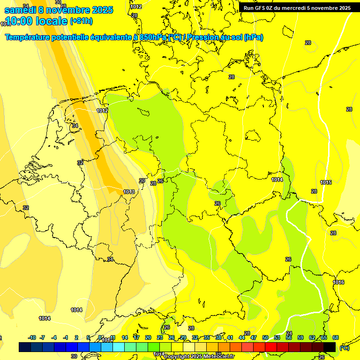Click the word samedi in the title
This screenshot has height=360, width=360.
pos(20,10)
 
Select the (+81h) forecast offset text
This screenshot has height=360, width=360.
pos(81,21)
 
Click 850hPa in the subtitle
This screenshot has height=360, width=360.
pos(153,37)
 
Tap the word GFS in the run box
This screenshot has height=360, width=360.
pos(262,8)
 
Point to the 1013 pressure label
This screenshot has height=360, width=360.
pos(129,192)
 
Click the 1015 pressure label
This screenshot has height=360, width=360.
pos(326,182)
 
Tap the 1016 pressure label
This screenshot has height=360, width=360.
pos(338,282)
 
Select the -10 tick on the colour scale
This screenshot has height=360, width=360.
pos(32,338)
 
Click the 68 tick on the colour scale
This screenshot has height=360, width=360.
pos(336,338)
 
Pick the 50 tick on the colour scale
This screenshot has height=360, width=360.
pos(265,338)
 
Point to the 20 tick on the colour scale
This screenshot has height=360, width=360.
pos(148,338)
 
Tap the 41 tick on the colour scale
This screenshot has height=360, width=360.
pos(230,338)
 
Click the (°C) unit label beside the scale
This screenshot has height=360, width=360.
pos(345,348)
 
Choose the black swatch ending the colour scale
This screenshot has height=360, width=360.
pos(330,347)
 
